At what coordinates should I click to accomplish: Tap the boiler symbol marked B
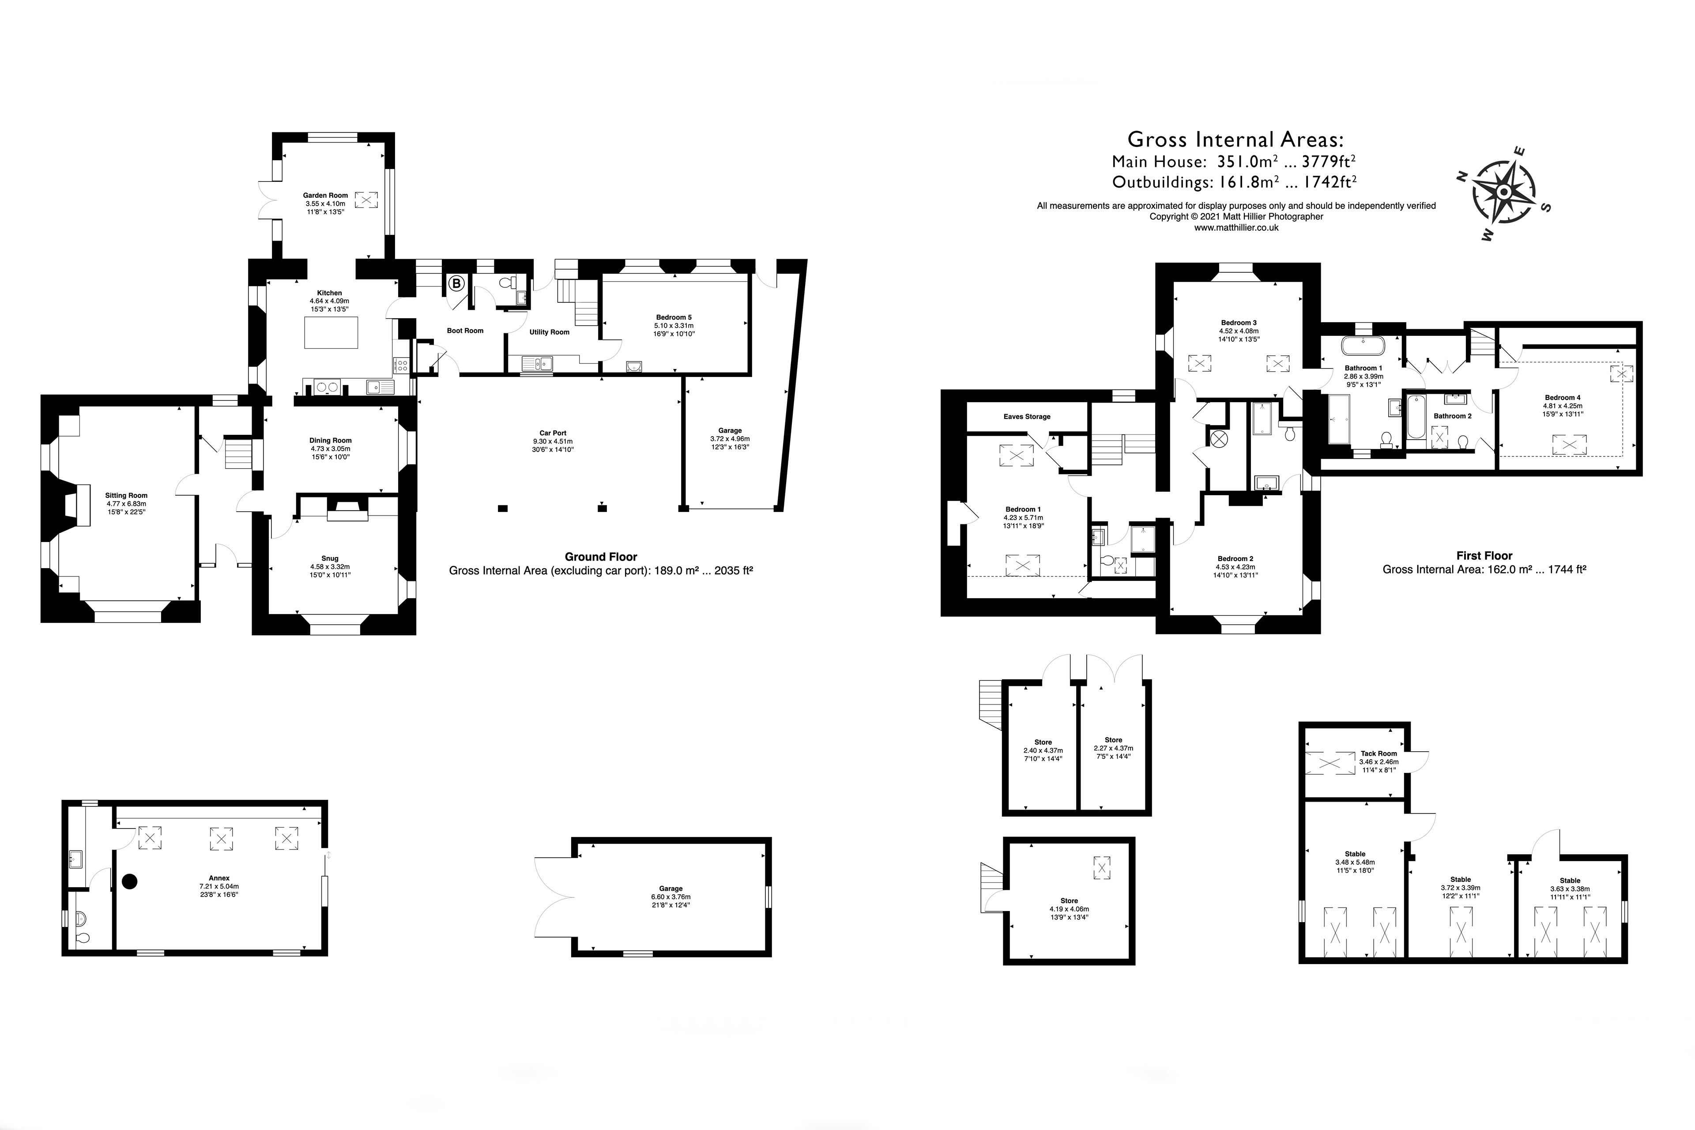pyautogui.click(x=456, y=284)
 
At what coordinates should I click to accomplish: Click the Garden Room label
pyautogui.click(x=325, y=195)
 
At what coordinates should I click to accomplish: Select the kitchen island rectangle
pyautogui.click(x=331, y=333)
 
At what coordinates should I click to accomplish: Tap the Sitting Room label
pyautogui.click(x=126, y=495)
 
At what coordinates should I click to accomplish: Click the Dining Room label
pyautogui.click(x=330, y=441)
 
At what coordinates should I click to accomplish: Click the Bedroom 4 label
pyautogui.click(x=1563, y=398)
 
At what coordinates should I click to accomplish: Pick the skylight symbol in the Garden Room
pyautogui.click(x=366, y=200)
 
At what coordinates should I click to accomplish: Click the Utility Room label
pyautogui.click(x=549, y=332)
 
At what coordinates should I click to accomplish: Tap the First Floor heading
pyautogui.click(x=1484, y=556)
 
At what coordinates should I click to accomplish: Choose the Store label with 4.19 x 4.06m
pyautogui.click(x=1069, y=901)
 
